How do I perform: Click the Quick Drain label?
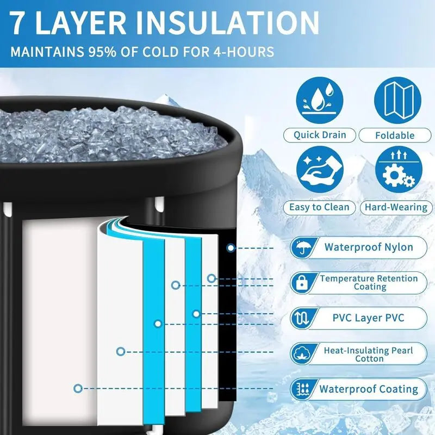320,135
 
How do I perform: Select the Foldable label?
395,135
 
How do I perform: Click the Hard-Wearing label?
396,207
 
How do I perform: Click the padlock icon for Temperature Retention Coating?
301,283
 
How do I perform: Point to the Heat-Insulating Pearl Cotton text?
369,355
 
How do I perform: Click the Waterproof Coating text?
369,389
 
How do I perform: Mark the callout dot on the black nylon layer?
231,247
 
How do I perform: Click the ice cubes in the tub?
109,130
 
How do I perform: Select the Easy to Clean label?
319,207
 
